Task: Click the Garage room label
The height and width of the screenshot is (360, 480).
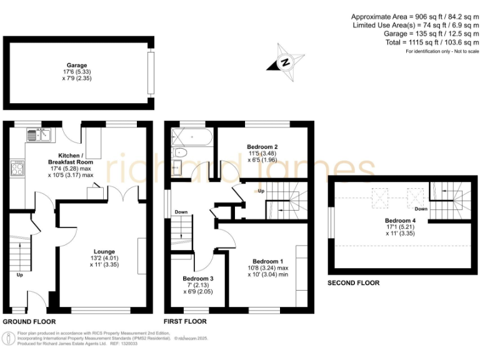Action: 77,65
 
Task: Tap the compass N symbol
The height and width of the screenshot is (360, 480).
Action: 286,62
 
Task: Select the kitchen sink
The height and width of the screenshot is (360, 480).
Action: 39,134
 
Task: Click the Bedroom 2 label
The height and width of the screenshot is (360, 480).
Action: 262,147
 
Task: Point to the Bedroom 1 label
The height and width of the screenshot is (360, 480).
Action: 267,261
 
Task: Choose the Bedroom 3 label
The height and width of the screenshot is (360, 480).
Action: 197,279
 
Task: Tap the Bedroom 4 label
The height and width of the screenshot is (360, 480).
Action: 399,221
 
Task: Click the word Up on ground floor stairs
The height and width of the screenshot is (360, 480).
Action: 19,274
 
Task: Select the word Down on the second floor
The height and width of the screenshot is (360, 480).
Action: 421,209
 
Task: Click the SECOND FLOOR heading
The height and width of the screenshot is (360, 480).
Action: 353,283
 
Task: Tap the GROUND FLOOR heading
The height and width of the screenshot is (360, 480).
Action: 29,322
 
